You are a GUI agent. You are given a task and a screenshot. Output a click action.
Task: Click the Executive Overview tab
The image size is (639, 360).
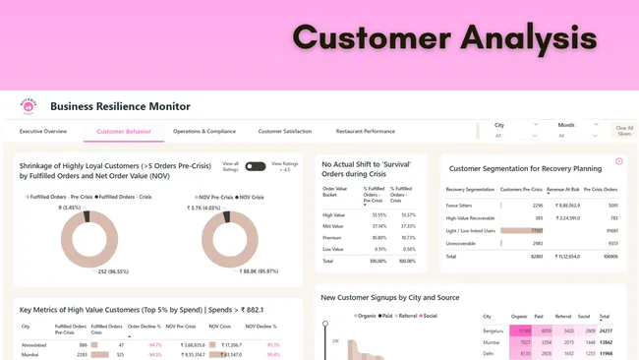coord(43,131)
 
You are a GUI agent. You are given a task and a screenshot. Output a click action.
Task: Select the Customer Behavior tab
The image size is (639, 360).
coord(124,131)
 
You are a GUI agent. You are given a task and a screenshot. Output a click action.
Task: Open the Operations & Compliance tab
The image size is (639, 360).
coord(203,131)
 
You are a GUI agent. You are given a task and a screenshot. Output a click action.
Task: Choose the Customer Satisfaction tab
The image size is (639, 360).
coord(285,131)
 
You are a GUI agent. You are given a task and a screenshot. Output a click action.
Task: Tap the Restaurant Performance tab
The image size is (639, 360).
coord(366,131)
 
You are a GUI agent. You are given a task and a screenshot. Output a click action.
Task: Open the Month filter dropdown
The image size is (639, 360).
coord(578,125)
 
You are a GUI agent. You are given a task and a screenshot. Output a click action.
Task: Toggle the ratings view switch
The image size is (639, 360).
coord(255,166)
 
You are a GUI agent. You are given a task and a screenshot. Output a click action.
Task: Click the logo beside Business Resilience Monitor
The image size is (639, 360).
coord(29,105)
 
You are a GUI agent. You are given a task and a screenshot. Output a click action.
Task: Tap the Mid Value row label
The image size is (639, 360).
coord(333,225)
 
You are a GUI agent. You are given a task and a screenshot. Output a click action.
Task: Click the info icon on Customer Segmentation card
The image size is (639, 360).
coord(618,161)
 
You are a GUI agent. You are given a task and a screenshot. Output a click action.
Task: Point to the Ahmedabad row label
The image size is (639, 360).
coord(33,345)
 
